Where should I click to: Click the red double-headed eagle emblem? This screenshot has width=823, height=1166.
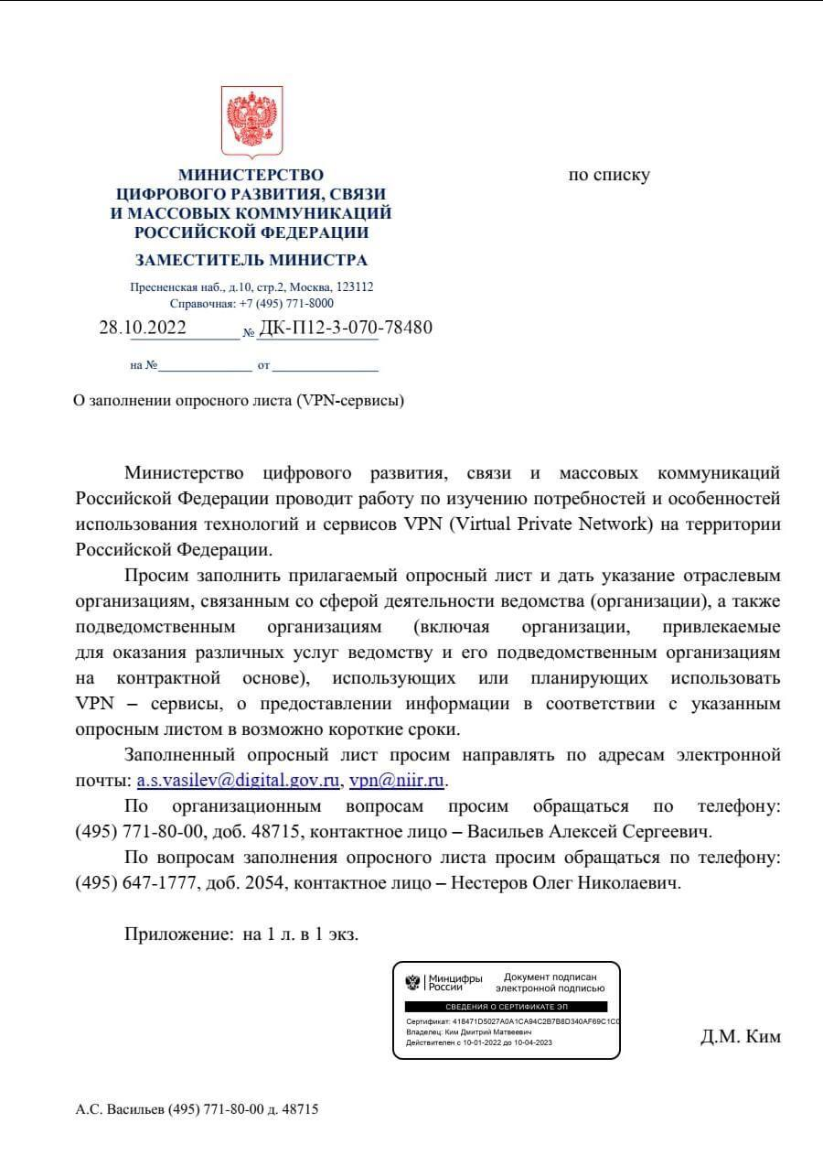tap(251, 122)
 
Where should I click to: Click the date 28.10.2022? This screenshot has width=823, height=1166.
tap(143, 328)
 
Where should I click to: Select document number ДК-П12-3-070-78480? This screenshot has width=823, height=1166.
tap(347, 328)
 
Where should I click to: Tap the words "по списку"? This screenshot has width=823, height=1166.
tap(609, 175)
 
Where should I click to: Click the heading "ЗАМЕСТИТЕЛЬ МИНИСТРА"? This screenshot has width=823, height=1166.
tap(251, 260)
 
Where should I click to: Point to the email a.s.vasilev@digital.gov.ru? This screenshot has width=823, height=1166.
tap(239, 782)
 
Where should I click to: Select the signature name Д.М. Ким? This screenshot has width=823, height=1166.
tap(741, 1037)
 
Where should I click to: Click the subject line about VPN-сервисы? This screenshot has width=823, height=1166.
tap(239, 401)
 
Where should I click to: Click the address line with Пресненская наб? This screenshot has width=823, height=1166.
tap(251, 286)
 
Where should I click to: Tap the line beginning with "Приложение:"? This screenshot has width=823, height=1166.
tap(241, 935)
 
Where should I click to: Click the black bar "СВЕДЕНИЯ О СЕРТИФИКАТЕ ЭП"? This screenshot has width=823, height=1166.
tap(506, 1006)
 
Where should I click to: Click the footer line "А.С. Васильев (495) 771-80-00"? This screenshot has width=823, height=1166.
tap(197, 1109)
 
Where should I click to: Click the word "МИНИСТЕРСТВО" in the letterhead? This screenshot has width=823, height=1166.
tap(251, 175)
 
